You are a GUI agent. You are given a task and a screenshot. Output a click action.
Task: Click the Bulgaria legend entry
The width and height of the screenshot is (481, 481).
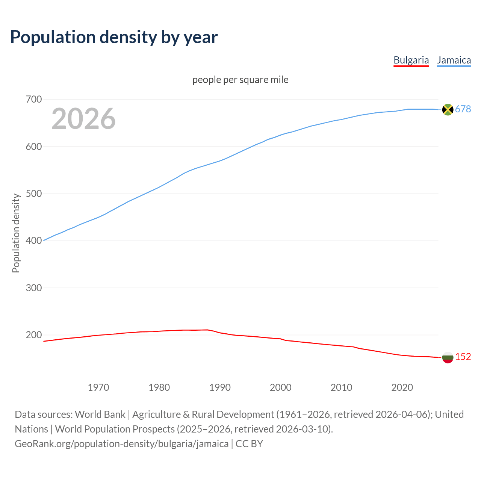coord(411,60)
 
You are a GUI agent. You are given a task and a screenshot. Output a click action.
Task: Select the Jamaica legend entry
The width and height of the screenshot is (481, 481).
coord(454,60)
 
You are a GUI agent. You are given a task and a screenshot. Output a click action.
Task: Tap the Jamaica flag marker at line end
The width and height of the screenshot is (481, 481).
coord(448,109)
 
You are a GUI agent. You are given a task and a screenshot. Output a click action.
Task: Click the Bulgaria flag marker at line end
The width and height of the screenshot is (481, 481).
coord(448,357)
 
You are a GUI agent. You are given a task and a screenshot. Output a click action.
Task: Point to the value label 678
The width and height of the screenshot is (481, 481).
coord(463,109)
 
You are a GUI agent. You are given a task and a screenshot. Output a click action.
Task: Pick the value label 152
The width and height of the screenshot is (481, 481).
coord(463,357)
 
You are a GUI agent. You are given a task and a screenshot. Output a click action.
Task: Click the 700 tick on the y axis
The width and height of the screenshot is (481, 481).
coord(33,100)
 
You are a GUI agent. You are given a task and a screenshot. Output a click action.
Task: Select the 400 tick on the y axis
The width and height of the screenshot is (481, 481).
coord(33,240)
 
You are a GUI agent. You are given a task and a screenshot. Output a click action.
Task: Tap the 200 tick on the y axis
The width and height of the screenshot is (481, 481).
coord(33,335)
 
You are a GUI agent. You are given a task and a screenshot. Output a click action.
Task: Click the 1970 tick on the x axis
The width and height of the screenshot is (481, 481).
coord(98,387)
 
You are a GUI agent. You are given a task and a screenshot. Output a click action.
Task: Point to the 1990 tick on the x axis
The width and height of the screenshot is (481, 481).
coord(220,387)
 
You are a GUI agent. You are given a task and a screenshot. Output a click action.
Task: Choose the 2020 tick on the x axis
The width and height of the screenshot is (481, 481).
coord(402,387)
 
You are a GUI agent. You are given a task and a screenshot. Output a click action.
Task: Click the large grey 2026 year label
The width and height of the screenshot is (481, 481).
coord(83,119)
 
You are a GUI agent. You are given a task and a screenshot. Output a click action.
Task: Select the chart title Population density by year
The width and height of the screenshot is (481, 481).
coord(114,37)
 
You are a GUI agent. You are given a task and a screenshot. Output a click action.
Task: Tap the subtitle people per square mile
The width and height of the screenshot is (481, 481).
coord(240,80)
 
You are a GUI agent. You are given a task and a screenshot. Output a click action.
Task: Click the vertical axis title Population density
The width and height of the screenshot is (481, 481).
coord(16,233)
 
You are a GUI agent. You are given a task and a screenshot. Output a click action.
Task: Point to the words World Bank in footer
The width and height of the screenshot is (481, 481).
coord(100,414)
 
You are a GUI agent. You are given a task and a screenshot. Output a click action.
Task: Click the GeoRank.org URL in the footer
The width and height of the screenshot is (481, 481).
coord(121,444)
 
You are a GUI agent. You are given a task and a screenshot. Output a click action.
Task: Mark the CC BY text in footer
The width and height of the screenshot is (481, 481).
coord(249,444)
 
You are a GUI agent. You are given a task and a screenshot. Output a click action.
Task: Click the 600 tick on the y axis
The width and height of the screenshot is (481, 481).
coord(33,147)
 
